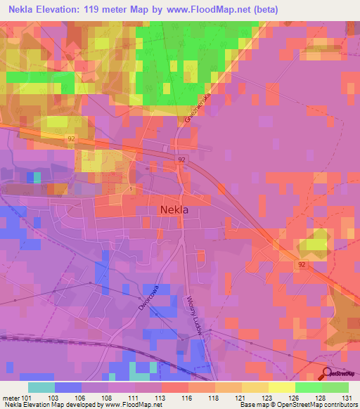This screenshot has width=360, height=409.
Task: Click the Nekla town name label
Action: (174, 209)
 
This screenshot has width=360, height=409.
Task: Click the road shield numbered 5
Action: (131, 188)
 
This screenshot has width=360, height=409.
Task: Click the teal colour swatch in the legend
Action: (41, 387)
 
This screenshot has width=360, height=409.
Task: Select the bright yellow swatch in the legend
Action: (281, 387)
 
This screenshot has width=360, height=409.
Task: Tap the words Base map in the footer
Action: (252, 405)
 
